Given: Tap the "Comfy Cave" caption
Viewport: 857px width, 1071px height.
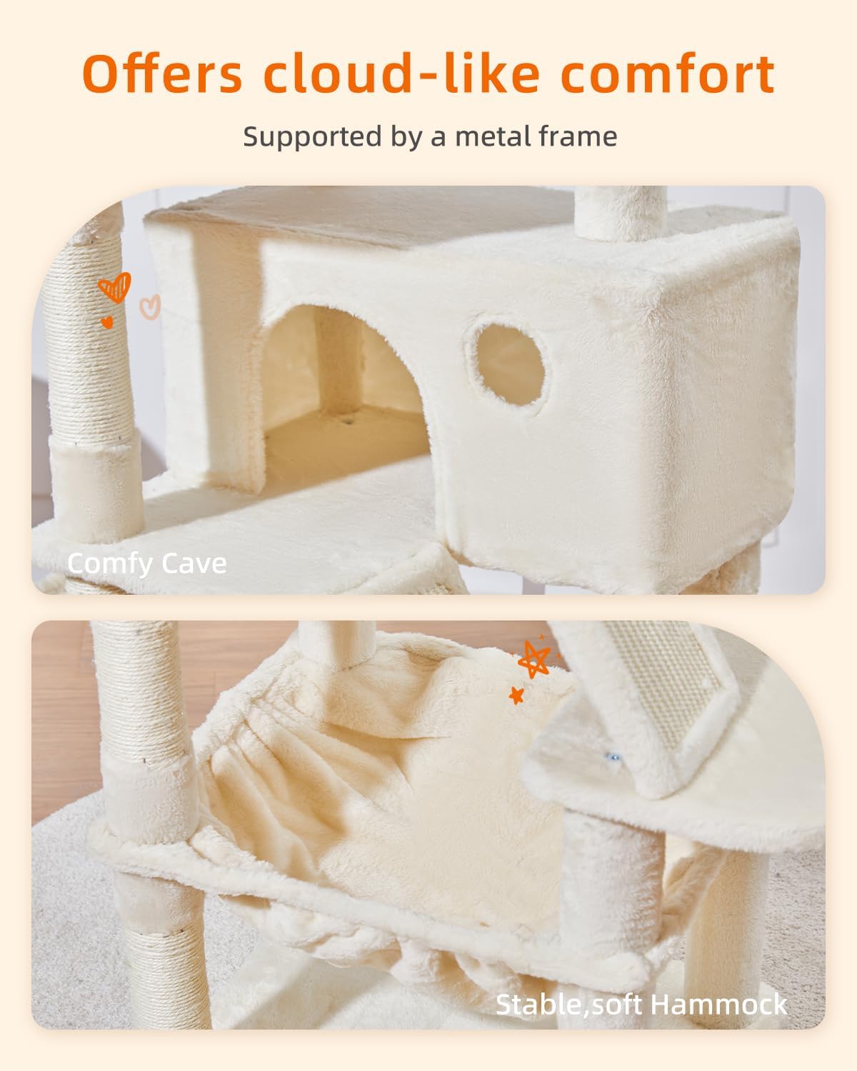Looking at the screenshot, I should [146, 563].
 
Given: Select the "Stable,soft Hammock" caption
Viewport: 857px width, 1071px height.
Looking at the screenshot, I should [641, 1005].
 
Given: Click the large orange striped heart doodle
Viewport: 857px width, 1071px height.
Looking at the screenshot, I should [115, 287].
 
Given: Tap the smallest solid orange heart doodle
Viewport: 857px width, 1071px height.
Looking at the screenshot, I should [107, 322].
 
